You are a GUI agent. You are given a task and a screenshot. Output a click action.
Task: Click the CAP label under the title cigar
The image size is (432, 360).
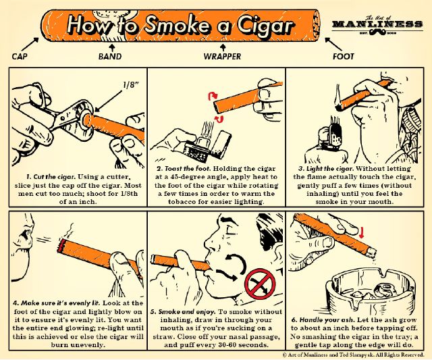click(20, 57)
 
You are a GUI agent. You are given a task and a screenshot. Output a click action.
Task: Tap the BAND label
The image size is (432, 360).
click(110, 57)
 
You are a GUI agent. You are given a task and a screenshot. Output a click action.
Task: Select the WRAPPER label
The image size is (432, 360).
click(222, 57)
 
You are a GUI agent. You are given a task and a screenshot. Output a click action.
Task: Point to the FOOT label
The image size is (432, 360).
click(344, 57)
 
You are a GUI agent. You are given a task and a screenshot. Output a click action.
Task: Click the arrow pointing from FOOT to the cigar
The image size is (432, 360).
click(333, 44)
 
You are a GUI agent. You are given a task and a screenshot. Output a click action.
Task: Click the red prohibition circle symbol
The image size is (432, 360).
click(260, 284)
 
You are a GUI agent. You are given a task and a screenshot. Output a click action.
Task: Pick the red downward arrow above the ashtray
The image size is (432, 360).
click(362, 232)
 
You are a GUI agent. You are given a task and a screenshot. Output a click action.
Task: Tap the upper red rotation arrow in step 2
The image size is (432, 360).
click(213, 96)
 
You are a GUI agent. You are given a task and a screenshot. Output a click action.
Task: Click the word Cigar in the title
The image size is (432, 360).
click(266, 26)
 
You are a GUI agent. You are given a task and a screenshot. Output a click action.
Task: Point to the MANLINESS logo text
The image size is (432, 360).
click(377, 24)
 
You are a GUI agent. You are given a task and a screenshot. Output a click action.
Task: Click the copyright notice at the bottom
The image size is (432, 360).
click(353, 355)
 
